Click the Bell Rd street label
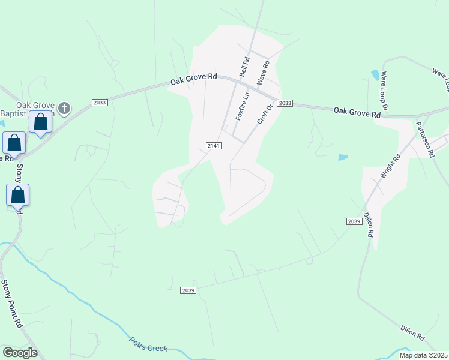(x=244, y=67)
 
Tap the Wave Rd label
(x=263, y=71)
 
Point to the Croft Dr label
(x=265, y=113)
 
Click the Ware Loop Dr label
(x=384, y=93)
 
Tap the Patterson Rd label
(x=425, y=139)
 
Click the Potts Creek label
(x=148, y=344)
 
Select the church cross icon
(x=64, y=109)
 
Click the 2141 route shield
(x=214, y=146)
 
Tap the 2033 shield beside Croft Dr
(x=285, y=103)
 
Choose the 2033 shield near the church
(x=100, y=103)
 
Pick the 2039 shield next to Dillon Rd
(x=354, y=221)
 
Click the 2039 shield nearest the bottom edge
(x=188, y=290)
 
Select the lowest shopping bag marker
(x=18, y=195)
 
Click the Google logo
(x=20, y=353)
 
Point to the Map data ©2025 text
(x=423, y=355)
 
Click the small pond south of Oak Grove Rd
(x=343, y=157)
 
